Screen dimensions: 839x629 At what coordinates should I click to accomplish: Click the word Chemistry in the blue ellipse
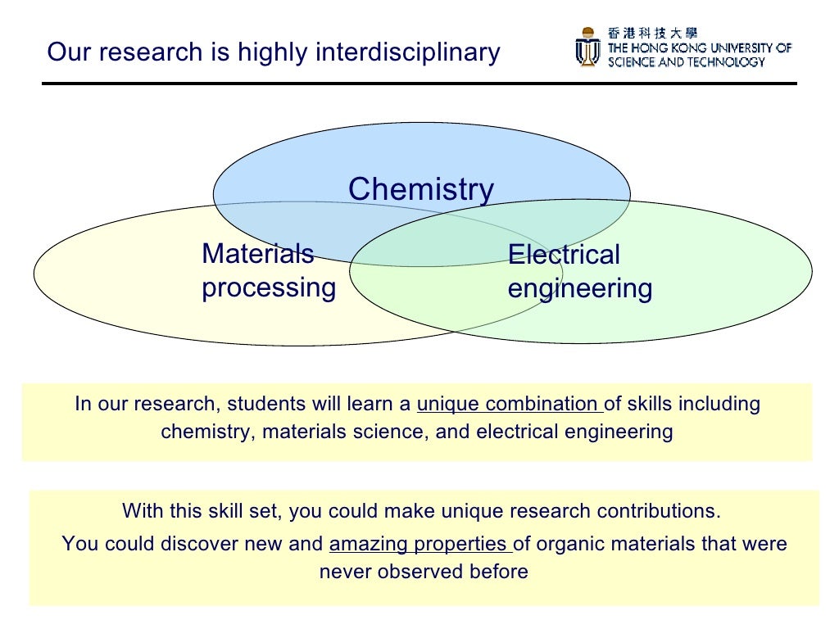pyautogui.click(x=421, y=189)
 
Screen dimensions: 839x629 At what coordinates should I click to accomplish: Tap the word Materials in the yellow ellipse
pyautogui.click(x=257, y=254)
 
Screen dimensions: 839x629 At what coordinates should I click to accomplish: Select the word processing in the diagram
pyautogui.click(x=269, y=287)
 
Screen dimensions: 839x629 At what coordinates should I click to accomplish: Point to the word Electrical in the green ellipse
pyautogui.click(x=564, y=255)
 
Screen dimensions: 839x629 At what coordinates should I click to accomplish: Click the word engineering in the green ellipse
pyautogui.click(x=580, y=288)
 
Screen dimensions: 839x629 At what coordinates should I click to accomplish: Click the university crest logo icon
pyautogui.click(x=587, y=47)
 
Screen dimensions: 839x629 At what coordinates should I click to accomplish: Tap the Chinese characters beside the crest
pyautogui.click(x=652, y=33)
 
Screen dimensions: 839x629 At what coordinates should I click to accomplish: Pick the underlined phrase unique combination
pyautogui.click(x=509, y=404)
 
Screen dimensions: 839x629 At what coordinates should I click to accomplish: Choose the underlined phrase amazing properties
pyautogui.click(x=419, y=544)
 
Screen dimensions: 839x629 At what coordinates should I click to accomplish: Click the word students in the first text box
pyautogui.click(x=266, y=404)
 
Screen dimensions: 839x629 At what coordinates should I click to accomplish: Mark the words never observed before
pyautogui.click(x=423, y=572)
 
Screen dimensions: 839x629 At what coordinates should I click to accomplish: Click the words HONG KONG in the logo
pyautogui.click(x=669, y=48)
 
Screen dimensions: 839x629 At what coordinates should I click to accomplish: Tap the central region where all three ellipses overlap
pyautogui.click(x=426, y=238)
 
